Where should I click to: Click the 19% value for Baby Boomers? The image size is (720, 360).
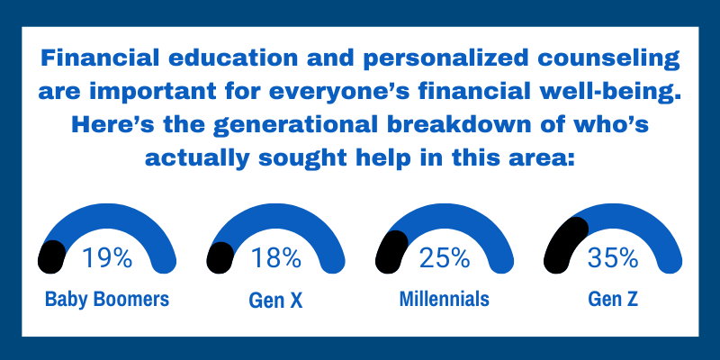pyautogui.click(x=107, y=259)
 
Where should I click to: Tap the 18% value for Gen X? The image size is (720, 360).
pyautogui.click(x=275, y=259)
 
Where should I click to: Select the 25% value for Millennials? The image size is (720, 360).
pyautogui.click(x=444, y=259)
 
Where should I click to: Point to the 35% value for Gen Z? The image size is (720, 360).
pyautogui.click(x=613, y=259)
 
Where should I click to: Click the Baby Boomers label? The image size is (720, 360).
pyautogui.click(x=107, y=300)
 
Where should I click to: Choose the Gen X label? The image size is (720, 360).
pyautogui.click(x=275, y=301)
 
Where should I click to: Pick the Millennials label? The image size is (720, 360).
pyautogui.click(x=445, y=300)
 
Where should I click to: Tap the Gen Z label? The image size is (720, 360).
pyautogui.click(x=613, y=301)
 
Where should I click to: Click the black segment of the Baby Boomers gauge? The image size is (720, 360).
pyautogui.click(x=51, y=256)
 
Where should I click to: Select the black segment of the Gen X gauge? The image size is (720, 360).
pyautogui.click(x=220, y=256)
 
